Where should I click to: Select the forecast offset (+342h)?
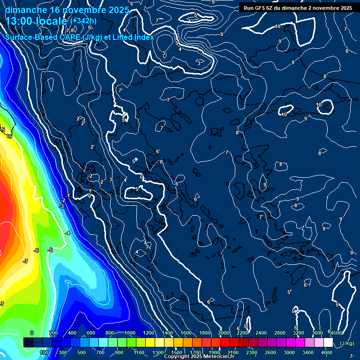click(83, 21)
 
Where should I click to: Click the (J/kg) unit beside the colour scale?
click(347, 343)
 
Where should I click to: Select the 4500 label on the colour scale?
click(336, 333)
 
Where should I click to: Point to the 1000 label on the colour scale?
click(130, 333)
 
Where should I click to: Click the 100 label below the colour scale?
click(45, 352)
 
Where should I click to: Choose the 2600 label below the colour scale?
click(270, 352)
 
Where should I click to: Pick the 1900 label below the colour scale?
click(214, 352)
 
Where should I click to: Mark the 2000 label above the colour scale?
click(224, 333)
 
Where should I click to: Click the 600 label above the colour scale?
click(91, 333)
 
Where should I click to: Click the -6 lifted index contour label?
click(37, 250)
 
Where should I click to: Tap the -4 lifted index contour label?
click(68, 233)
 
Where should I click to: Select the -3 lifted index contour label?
click(61, 206)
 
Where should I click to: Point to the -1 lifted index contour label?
click(68, 195)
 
